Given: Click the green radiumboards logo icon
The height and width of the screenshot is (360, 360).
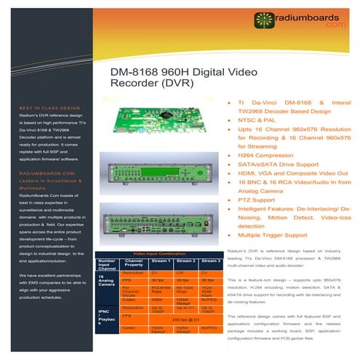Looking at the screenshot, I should point(263,18).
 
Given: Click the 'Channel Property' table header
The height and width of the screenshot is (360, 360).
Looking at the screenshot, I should point(134,263).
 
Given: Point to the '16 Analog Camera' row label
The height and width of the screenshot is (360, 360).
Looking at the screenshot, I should point(106,280).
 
